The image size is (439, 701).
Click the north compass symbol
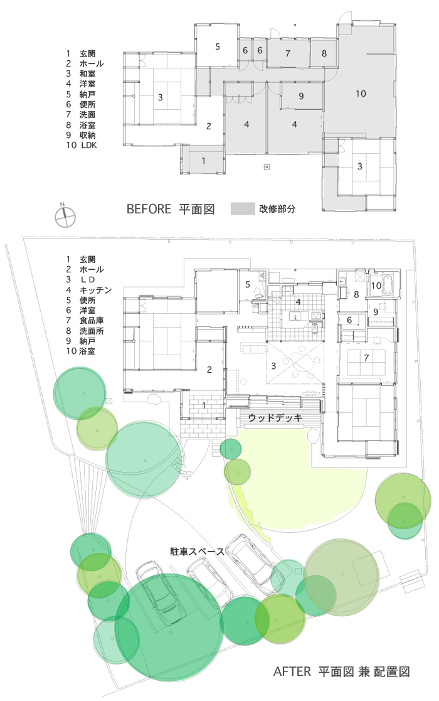click(x=65, y=217)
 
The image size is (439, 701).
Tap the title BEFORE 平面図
click(x=171, y=209)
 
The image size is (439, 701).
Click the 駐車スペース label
click(x=198, y=552)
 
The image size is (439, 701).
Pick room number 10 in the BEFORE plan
click(x=360, y=94)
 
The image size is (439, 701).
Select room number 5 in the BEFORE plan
click(x=218, y=46)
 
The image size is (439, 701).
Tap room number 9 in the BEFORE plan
click(x=301, y=96)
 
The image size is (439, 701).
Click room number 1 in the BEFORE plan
click(x=203, y=161)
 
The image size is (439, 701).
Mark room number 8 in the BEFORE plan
click(x=324, y=53)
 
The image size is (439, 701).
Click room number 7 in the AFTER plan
click(x=366, y=358)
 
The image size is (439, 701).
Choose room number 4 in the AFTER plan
click(x=299, y=302)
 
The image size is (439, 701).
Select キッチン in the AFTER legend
click(x=95, y=290)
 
